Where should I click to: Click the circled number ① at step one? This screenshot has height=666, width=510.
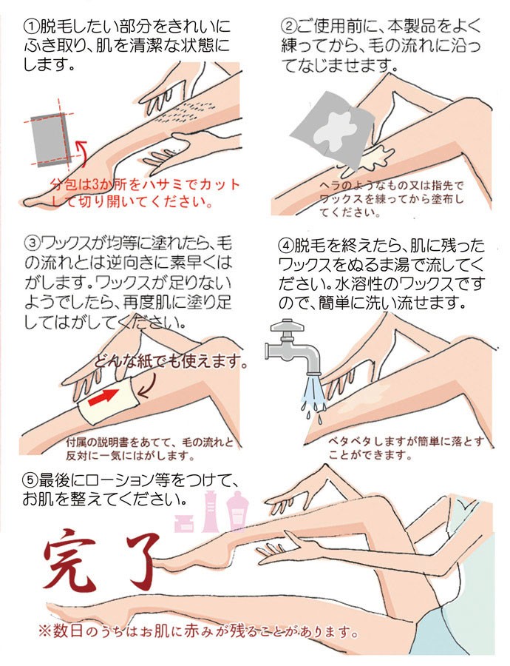[31, 27]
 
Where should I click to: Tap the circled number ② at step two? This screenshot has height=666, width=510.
[288, 27]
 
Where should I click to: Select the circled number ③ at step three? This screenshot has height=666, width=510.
[32, 244]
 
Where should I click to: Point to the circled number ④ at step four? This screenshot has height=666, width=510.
[286, 246]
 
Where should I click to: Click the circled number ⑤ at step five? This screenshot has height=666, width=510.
[30, 480]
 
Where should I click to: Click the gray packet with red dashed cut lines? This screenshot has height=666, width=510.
[50, 139]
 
